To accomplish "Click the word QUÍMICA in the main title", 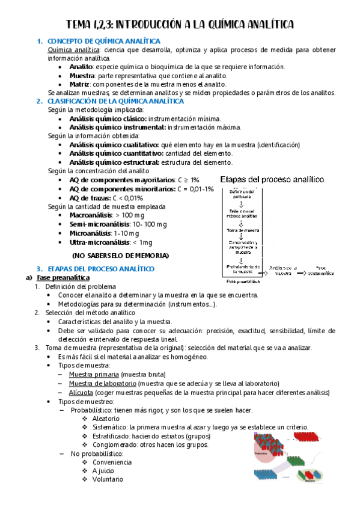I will pos(222,25).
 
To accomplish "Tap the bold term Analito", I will pos(81,67).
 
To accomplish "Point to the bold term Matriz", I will pos(79,84).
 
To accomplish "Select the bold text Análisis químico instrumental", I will pos(117,127).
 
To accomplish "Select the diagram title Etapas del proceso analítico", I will pos(272,179).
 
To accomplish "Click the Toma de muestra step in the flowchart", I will pos(243,230).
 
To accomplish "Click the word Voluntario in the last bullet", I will pos(108,479).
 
